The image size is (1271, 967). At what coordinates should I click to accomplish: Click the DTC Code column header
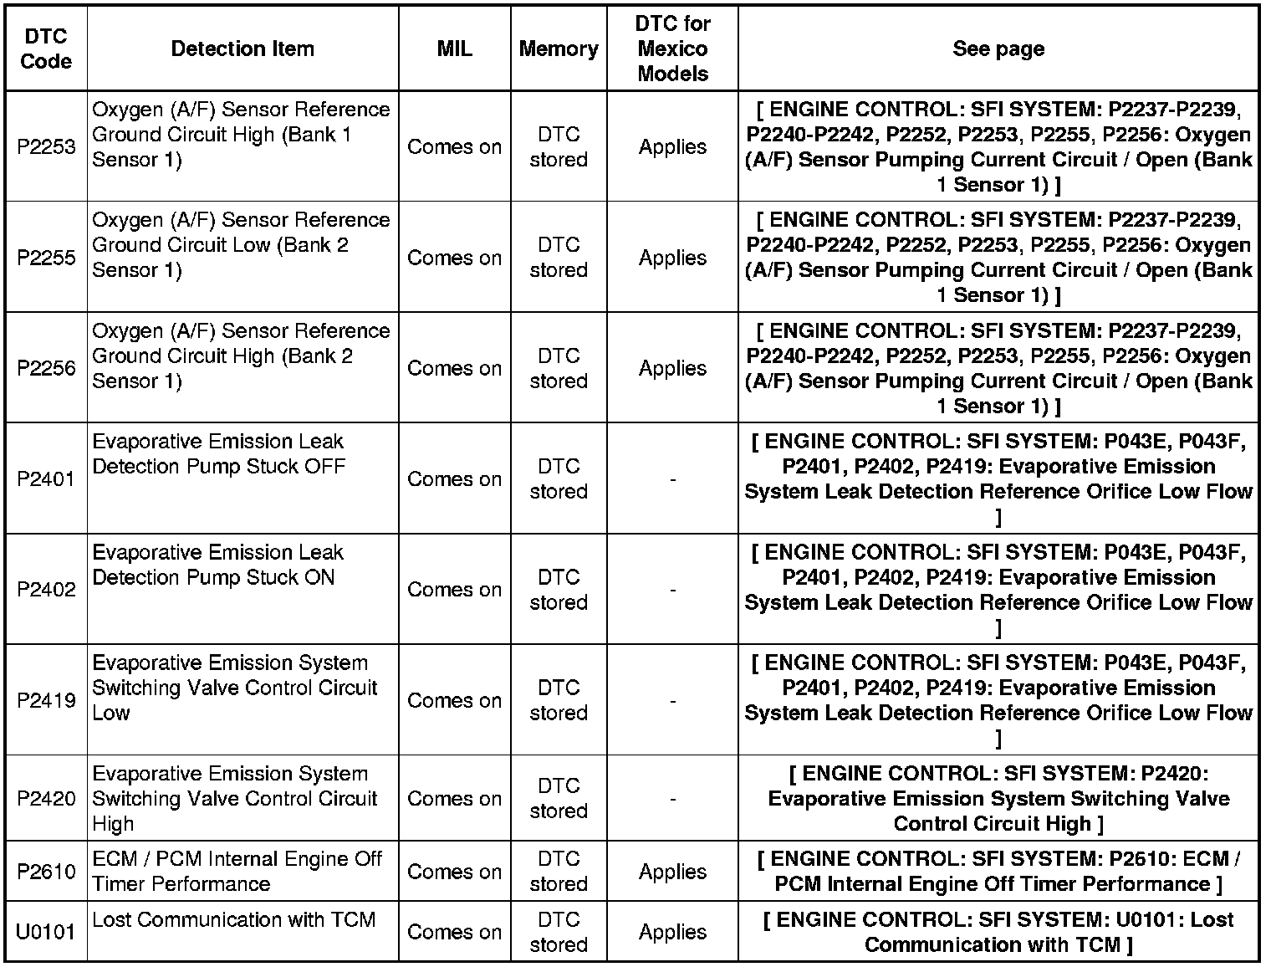46,49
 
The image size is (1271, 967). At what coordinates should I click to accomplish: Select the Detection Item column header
242,49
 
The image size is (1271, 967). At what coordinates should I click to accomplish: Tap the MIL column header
454,49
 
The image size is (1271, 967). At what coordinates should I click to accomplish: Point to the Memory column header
559,49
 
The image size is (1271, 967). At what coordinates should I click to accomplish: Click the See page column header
998,49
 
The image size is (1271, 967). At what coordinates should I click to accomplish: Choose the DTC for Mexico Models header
672,49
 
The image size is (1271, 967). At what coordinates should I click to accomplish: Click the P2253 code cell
46,146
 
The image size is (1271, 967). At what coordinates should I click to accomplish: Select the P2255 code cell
46,258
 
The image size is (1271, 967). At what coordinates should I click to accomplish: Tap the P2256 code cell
46,368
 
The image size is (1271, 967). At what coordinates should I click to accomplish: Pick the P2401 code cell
46,479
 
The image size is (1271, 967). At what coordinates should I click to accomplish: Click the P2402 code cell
46,590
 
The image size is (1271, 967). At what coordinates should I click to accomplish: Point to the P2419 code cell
46,700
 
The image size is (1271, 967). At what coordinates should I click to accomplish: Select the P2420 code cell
46,799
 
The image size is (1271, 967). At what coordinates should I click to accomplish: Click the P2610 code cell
46,872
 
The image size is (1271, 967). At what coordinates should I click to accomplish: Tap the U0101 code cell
46,932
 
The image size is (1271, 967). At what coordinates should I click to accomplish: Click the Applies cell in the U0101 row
672,932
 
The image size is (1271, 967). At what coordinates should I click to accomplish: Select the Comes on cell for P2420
454,799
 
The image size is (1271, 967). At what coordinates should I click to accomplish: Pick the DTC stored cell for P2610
559,872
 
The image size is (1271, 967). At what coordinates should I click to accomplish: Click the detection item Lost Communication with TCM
234,920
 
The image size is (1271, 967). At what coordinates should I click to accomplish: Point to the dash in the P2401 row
672,479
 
